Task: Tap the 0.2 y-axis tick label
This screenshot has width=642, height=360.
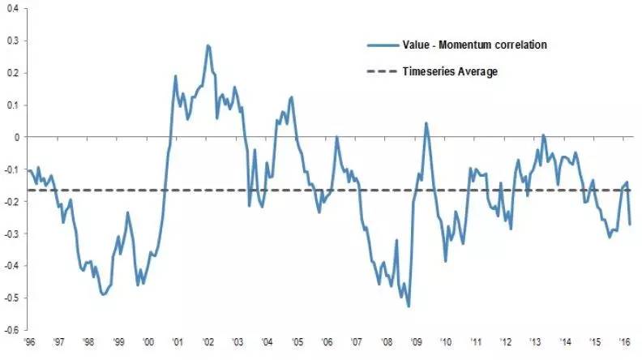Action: click(15, 73)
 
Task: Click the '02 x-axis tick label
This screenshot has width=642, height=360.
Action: click(209, 342)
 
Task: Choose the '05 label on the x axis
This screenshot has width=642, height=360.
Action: click(298, 342)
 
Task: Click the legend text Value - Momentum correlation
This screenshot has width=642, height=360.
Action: click(474, 45)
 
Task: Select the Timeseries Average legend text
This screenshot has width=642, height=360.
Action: click(450, 71)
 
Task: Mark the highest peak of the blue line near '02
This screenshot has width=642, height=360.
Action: click(208, 45)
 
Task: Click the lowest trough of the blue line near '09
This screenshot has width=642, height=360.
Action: click(409, 306)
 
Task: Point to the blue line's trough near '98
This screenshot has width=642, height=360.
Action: click(103, 294)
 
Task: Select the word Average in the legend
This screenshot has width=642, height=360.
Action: click(477, 71)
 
